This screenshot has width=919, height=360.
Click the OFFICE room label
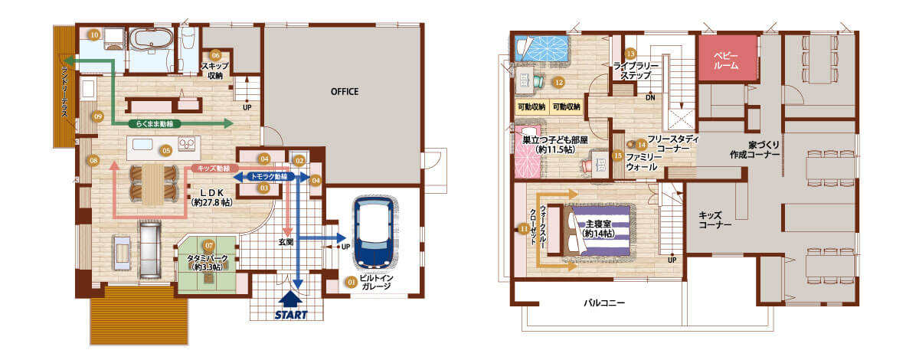[345, 92]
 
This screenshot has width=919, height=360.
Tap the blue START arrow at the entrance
[290, 299]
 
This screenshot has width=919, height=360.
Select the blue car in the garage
[374, 233]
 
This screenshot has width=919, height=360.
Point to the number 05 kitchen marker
[165, 151]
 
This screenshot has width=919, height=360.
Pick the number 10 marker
[94, 35]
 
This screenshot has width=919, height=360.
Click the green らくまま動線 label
[154, 123]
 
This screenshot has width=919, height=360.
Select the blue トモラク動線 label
[269, 177]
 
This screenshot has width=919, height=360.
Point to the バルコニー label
[604, 303]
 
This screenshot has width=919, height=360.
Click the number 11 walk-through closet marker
[524, 229]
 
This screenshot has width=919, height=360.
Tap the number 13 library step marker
[630, 54]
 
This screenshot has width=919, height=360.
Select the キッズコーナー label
[715, 220]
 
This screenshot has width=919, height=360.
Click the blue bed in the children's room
[541, 49]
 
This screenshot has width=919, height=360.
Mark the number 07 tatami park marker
[209, 245]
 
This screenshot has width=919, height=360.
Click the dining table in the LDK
[152, 184]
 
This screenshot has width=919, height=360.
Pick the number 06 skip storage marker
[215, 55]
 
